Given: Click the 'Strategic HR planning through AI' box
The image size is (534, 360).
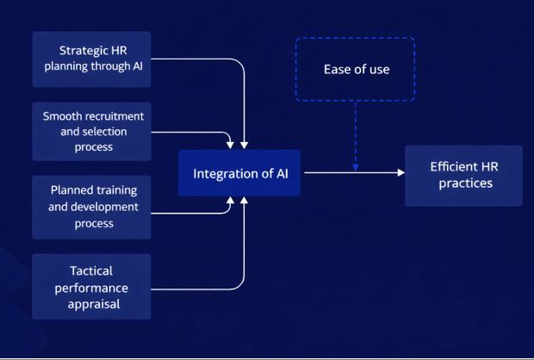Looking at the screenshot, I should tap(91, 59).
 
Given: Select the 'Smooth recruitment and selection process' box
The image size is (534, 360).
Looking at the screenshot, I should tap(91, 131).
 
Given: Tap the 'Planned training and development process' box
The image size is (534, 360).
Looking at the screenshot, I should tap(91, 207).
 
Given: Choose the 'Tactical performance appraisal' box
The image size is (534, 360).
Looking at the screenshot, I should tap(91, 287).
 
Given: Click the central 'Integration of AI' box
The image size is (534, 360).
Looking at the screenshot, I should tap(239, 173).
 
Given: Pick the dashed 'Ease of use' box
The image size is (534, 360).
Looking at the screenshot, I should tap(355, 69).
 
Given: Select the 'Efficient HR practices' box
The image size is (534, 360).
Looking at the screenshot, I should tap(463, 175).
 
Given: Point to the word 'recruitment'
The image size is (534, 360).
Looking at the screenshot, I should tap(109, 116).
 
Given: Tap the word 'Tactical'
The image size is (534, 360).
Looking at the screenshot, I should tap(91, 270).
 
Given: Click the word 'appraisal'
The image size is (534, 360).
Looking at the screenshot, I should tap(91, 303).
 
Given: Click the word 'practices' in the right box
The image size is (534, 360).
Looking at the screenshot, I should tap(463, 183).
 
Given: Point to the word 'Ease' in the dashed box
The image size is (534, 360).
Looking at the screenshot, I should tap(338, 69).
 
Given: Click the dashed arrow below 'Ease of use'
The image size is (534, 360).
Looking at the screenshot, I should tap(355, 133).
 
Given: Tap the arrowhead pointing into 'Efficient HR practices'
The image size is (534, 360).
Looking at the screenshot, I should tap(400, 173).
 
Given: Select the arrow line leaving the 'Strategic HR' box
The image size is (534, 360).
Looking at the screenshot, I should tap(198, 59).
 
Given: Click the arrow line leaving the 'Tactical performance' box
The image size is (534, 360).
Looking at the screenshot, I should tap(198, 287).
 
